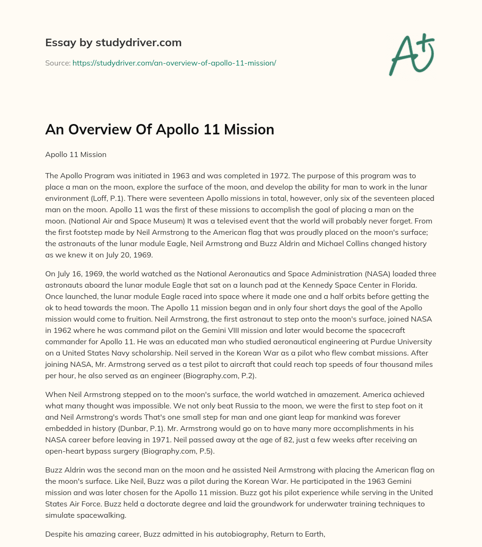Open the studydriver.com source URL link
click(x=174, y=63)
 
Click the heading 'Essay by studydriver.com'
click(x=113, y=42)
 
